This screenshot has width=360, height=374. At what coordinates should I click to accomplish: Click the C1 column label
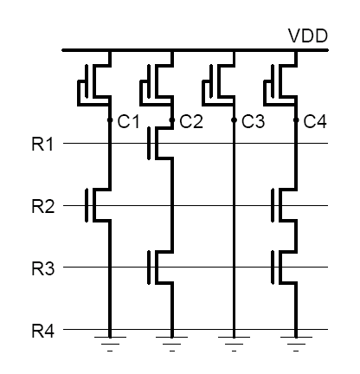[128, 122]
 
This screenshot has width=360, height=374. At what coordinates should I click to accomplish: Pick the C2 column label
[190, 122]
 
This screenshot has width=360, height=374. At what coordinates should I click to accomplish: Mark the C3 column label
[253, 122]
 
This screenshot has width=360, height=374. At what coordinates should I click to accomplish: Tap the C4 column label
[315, 122]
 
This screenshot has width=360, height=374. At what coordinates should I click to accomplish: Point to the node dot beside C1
[110, 121]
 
